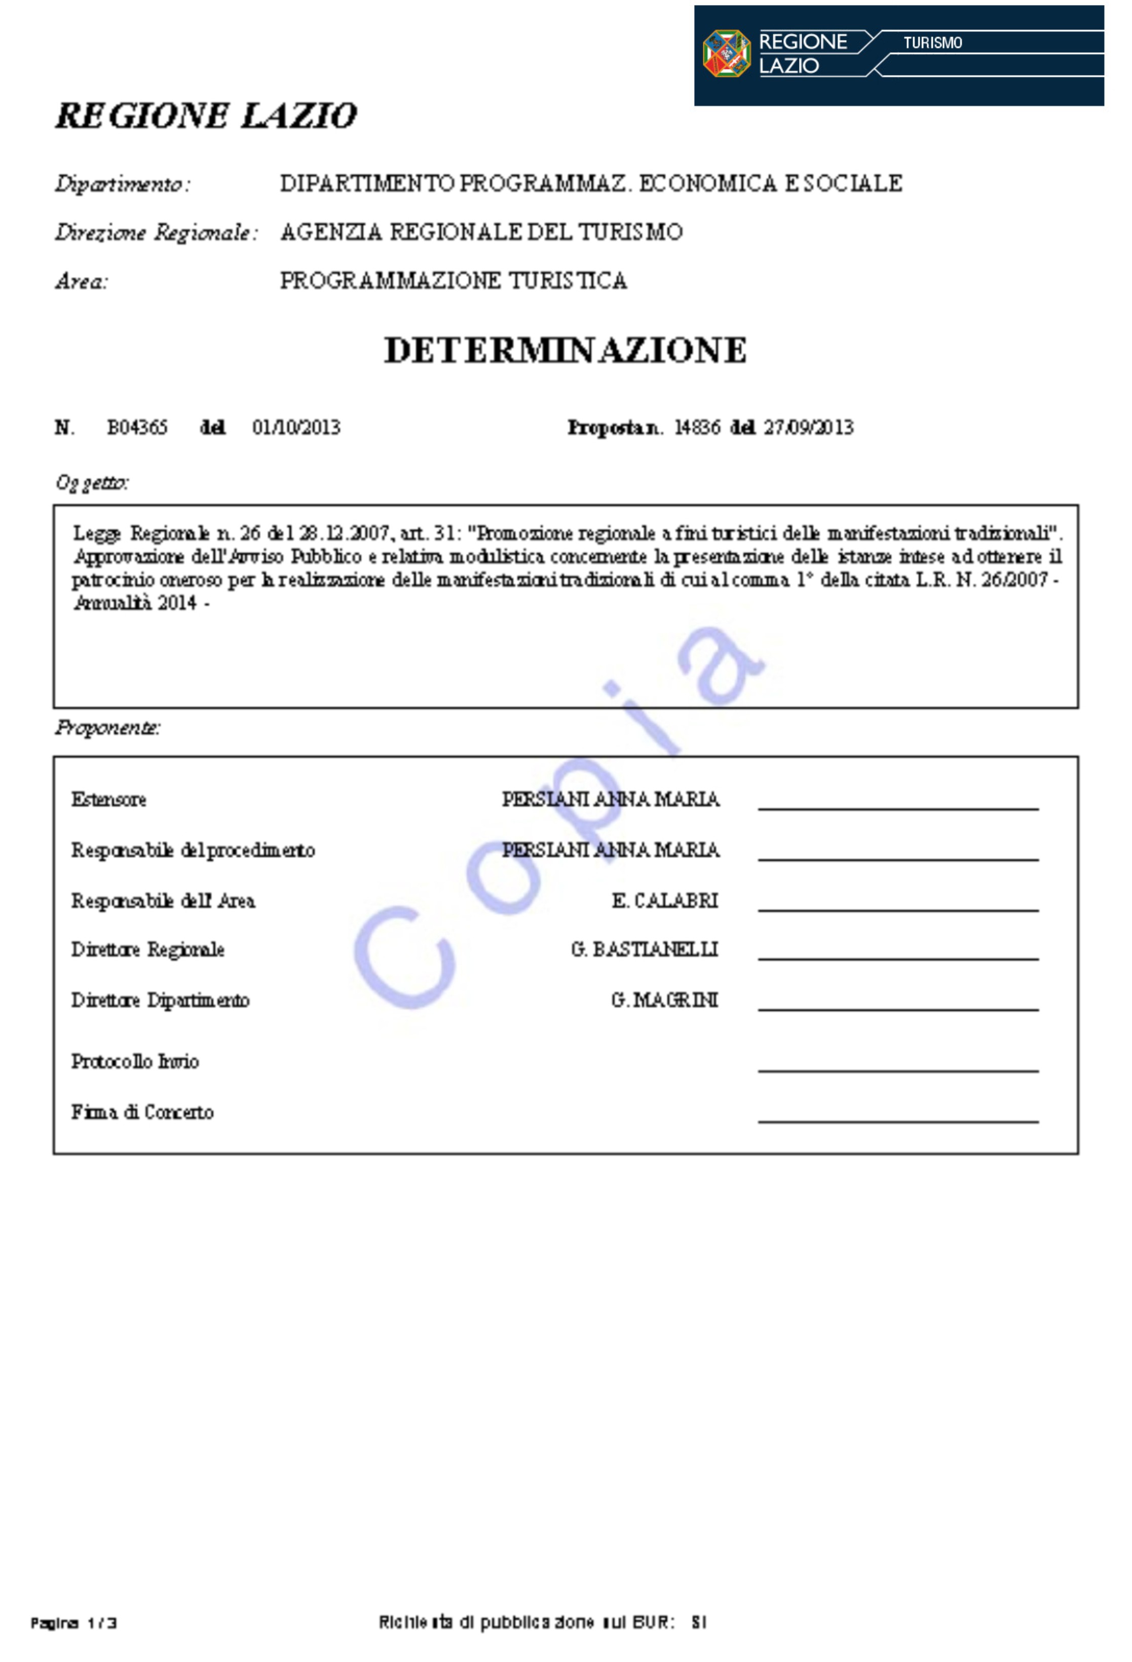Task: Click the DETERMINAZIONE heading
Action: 565,350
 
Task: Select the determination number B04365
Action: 137,428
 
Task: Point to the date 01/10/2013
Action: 296,428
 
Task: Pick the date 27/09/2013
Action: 808,428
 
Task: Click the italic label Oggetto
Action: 92,483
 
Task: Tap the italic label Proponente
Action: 108,728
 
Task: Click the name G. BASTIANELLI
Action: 644,950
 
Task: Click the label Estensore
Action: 108,799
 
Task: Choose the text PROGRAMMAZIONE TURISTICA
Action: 453,281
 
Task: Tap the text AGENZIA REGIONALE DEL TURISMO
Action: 481,232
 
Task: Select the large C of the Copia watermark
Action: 404,957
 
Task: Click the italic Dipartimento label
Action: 122,185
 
